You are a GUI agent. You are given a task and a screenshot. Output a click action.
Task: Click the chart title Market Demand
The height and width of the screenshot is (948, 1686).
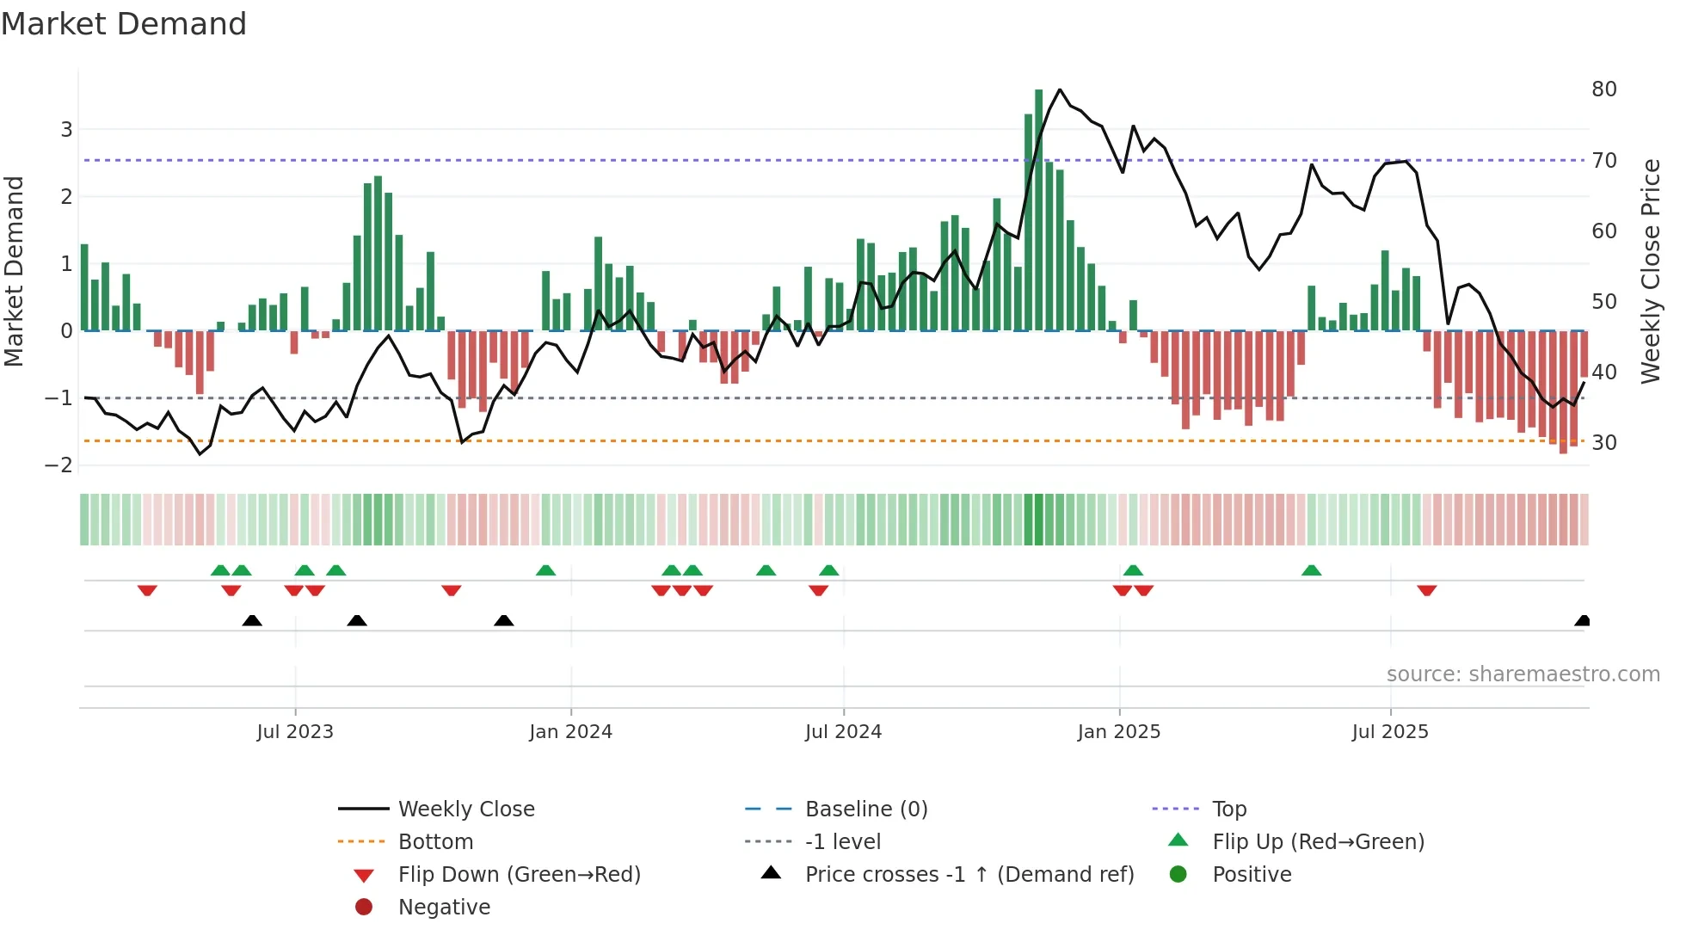click(124, 24)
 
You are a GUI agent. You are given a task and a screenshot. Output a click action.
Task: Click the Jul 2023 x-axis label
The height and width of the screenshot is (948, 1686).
click(295, 732)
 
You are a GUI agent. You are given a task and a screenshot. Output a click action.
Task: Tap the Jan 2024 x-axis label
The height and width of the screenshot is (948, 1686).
click(570, 732)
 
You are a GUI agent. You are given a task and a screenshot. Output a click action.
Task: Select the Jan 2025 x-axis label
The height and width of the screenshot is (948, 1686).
click(1118, 732)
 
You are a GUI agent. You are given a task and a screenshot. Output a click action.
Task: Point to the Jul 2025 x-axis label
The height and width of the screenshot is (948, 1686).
click(1389, 732)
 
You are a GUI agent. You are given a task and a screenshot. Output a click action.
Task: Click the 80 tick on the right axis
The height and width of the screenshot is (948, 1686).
click(1603, 89)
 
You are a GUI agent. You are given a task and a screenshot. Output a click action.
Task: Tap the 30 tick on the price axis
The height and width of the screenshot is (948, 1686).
click(1603, 443)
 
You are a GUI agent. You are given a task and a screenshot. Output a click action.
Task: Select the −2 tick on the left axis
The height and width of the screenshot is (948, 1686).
click(58, 465)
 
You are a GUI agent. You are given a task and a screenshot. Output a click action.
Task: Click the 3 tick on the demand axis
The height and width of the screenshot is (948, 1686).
click(66, 130)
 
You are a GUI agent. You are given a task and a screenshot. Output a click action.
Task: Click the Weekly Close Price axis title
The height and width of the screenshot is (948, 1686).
click(1650, 271)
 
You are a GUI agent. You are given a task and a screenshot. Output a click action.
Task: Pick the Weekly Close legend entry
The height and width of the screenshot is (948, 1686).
click(465, 809)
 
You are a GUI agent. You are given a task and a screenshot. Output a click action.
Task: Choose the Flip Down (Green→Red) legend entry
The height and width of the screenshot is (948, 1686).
click(519, 875)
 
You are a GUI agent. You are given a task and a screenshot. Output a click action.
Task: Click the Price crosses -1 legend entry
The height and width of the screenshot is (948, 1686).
click(969, 875)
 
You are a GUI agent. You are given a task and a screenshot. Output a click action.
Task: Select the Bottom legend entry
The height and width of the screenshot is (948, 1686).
click(435, 842)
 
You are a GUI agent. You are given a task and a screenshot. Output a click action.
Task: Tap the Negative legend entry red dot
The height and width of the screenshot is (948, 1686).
click(364, 908)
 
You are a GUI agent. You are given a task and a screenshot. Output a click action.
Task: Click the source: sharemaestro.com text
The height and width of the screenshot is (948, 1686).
click(1523, 674)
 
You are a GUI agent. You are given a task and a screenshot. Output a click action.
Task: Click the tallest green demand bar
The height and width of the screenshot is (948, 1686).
click(1038, 211)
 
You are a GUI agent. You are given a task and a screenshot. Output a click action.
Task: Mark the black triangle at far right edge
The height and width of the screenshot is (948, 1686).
click(1582, 621)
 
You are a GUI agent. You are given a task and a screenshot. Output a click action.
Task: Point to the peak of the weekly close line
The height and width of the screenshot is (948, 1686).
click(1060, 90)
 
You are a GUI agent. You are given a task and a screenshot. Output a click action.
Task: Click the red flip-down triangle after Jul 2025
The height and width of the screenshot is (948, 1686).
click(1427, 590)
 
